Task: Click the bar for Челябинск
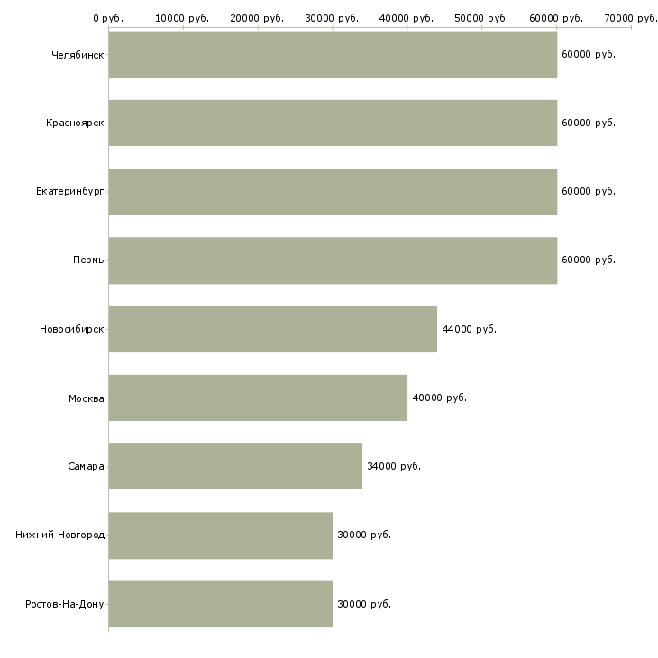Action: (x=333, y=54)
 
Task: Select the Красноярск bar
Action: (x=333, y=123)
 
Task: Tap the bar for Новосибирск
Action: (x=272, y=329)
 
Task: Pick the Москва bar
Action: (x=258, y=398)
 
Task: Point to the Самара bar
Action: (x=235, y=466)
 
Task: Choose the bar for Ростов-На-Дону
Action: (x=220, y=603)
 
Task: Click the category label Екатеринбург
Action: (x=70, y=191)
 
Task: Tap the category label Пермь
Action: (x=88, y=260)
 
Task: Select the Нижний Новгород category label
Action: (x=60, y=535)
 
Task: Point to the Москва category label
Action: (x=87, y=398)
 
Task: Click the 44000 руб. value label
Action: (x=469, y=329)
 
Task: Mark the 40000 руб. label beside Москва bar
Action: (x=439, y=398)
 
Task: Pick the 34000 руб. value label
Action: (x=394, y=466)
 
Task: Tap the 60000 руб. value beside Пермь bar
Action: (x=588, y=260)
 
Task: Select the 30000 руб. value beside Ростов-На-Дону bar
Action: (x=364, y=603)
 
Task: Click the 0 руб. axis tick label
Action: (x=108, y=17)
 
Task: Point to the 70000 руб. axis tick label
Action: (x=630, y=17)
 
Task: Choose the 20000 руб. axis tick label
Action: (x=257, y=17)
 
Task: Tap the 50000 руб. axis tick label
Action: (x=481, y=17)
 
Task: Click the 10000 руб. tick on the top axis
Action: (x=182, y=17)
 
